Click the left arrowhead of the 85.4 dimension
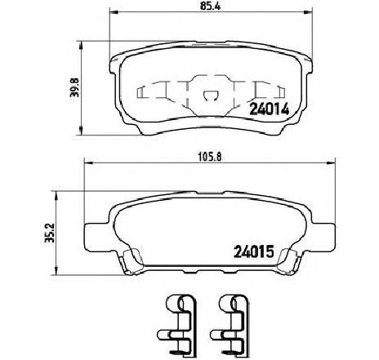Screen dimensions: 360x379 point(113,15)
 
